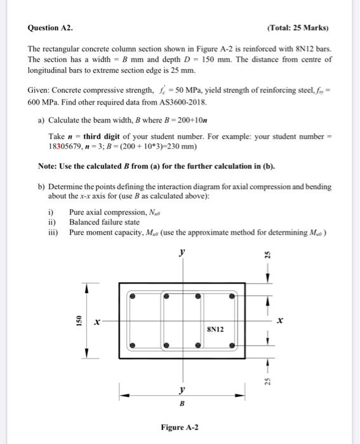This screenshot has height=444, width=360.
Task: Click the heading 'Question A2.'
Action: (x=51, y=28)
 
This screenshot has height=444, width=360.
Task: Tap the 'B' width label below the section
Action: (x=182, y=403)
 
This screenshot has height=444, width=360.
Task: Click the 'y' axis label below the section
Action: (x=182, y=389)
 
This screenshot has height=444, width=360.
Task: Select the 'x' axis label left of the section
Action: (x=97, y=322)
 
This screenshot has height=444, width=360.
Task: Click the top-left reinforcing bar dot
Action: (x=132, y=296)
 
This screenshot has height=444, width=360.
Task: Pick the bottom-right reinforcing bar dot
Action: (x=233, y=346)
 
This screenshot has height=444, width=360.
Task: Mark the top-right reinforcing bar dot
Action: (x=233, y=296)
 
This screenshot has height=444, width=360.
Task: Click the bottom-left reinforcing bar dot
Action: (x=132, y=346)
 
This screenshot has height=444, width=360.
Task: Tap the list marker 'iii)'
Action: (x=54, y=232)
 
